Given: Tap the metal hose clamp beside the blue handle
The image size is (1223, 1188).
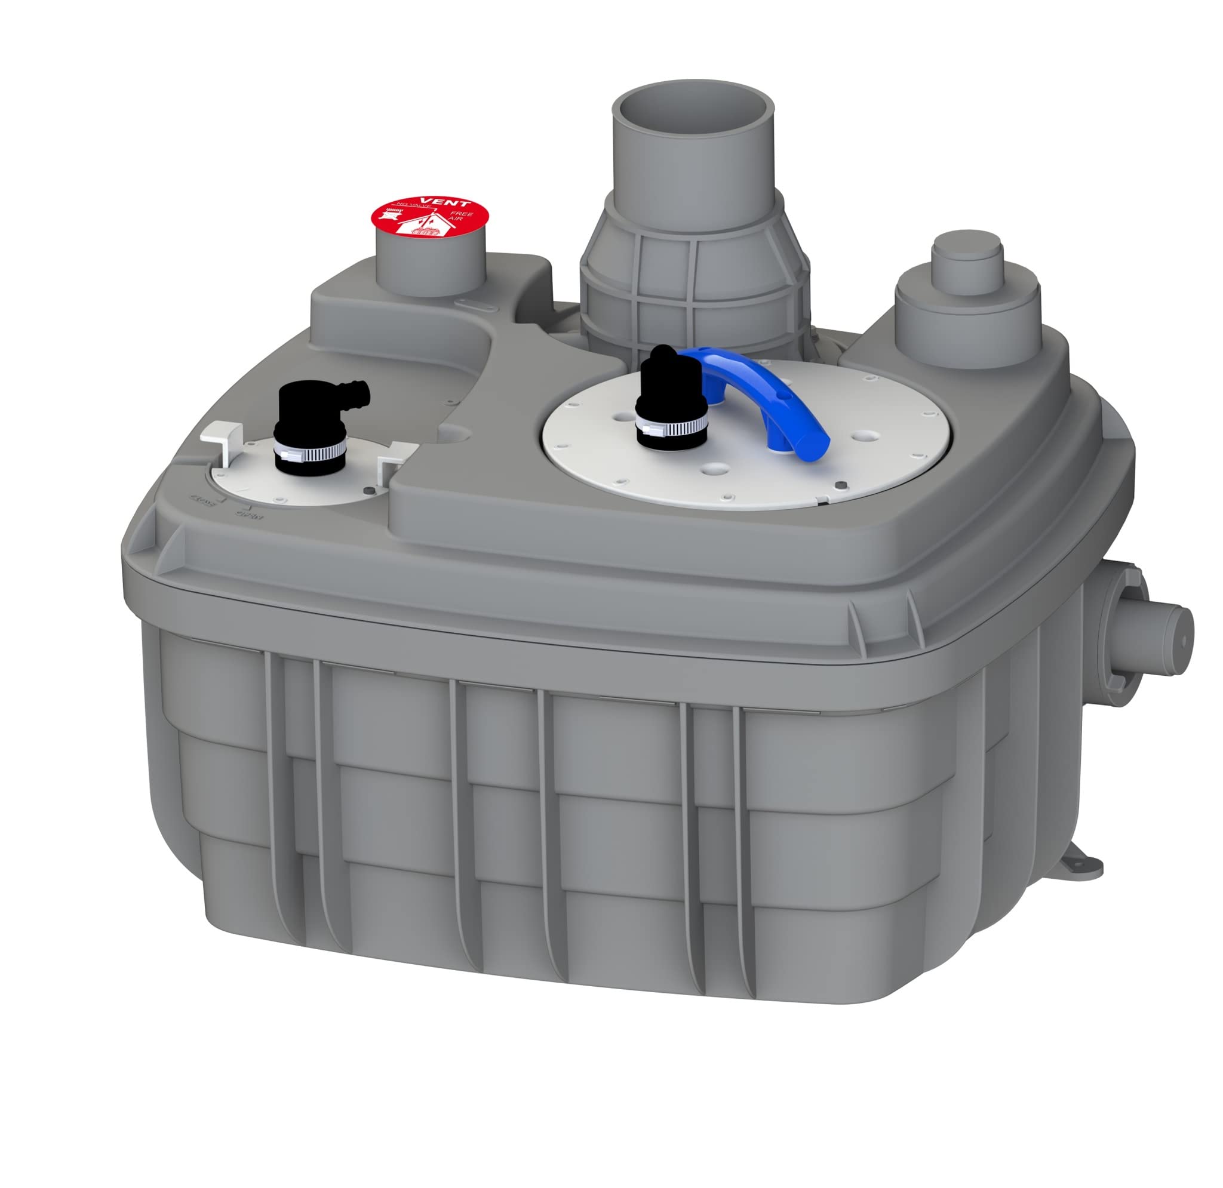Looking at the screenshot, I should (671, 427).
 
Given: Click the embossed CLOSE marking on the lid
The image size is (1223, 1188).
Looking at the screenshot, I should (203, 501).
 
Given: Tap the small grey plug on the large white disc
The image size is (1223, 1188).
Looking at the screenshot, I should (840, 485).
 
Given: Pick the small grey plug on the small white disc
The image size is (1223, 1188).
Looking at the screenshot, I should (372, 491).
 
